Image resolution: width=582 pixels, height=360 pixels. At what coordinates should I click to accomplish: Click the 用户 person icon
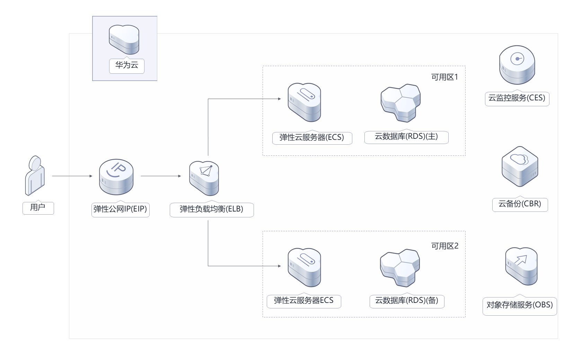[x=35, y=175]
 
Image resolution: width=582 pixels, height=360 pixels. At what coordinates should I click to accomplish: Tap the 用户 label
[x=38, y=207]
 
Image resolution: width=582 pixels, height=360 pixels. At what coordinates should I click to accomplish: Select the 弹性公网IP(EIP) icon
[x=116, y=177]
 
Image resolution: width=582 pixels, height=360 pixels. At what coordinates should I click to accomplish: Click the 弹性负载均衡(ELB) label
[x=211, y=209]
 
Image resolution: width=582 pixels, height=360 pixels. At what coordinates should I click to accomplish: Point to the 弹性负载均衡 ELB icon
[x=204, y=178]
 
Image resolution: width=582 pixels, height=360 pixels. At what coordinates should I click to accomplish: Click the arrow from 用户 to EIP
[x=72, y=176]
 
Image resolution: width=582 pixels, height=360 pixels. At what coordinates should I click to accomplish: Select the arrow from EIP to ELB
[x=161, y=176]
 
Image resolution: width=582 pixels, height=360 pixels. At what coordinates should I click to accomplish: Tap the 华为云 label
[x=126, y=65]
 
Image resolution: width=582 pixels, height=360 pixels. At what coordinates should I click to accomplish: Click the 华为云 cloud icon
[x=124, y=39]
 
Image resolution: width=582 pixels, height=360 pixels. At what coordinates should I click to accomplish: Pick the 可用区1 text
[x=444, y=77]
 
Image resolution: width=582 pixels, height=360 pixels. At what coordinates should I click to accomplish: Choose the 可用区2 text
[x=444, y=246]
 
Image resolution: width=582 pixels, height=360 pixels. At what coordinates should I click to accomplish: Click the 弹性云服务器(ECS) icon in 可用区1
[x=304, y=102]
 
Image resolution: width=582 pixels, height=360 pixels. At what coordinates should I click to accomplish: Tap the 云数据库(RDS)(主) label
[x=406, y=136]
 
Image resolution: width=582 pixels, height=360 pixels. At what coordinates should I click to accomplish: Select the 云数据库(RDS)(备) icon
[x=400, y=268]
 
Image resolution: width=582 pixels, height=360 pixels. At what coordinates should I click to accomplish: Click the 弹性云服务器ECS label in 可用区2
[x=303, y=300]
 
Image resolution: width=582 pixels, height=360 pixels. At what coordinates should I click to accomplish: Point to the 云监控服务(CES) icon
[x=517, y=65]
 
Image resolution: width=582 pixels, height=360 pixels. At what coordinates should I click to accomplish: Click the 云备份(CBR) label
[x=520, y=204]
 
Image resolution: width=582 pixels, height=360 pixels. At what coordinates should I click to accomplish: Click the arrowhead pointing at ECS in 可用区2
[x=279, y=266]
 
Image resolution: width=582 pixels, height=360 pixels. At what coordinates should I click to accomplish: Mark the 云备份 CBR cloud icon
[x=520, y=166]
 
